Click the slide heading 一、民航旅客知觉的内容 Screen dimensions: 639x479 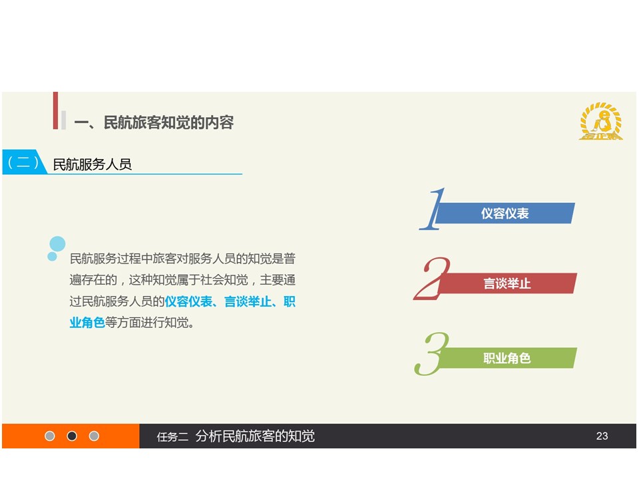click(154, 122)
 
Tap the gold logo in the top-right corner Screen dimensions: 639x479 click(601, 121)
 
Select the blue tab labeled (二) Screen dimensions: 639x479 click(24, 162)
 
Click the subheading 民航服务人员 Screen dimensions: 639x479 click(93, 164)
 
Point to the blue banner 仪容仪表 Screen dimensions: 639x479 click(505, 213)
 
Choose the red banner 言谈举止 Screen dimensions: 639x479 click(507, 283)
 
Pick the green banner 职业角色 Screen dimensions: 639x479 click(507, 358)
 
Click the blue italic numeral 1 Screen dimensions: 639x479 click(433, 209)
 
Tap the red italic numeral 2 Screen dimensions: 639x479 click(432, 279)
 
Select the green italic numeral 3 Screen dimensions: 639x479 click(431, 353)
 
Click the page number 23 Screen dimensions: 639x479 click(602, 436)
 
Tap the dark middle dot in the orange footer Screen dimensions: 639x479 click(72, 436)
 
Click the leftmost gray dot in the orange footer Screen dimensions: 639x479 click(50, 436)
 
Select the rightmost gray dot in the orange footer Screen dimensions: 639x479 click(94, 436)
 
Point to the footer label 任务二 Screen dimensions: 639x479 click(172, 436)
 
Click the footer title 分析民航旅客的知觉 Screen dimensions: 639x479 click(255, 436)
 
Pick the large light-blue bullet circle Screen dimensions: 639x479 click(57, 244)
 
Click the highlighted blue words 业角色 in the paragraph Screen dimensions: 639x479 click(87, 323)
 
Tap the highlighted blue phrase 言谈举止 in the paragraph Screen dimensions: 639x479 click(248, 301)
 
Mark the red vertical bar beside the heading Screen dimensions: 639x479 click(55, 110)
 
